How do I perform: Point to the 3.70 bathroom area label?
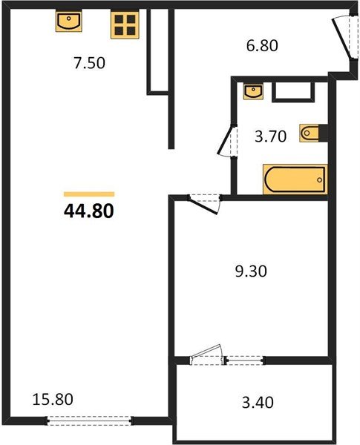tap(269, 138)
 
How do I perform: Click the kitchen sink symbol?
tap(68, 22)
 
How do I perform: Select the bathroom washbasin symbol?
tap(253, 91)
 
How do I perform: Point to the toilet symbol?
tap(310, 133)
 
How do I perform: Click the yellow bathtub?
tap(294, 178)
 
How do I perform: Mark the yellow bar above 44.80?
tap(89, 194)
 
